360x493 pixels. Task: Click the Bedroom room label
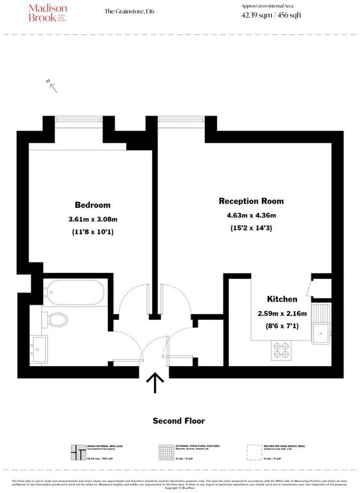pyautogui.click(x=92, y=205)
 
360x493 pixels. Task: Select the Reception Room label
pyautogui.click(x=251, y=201)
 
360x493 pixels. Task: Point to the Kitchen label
pyautogui.click(x=282, y=299)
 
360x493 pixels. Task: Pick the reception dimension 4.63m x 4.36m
pyautogui.click(x=251, y=215)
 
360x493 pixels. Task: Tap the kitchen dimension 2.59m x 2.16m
pyautogui.click(x=282, y=313)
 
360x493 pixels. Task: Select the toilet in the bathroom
pyautogui.click(x=57, y=320)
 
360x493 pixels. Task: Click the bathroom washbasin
pyautogui.click(x=38, y=349)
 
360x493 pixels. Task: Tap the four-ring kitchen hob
pyautogui.click(x=280, y=350)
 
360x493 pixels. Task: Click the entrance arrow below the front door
pyautogui.click(x=156, y=382)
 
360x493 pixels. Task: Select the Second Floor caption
pyautogui.click(x=179, y=421)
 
